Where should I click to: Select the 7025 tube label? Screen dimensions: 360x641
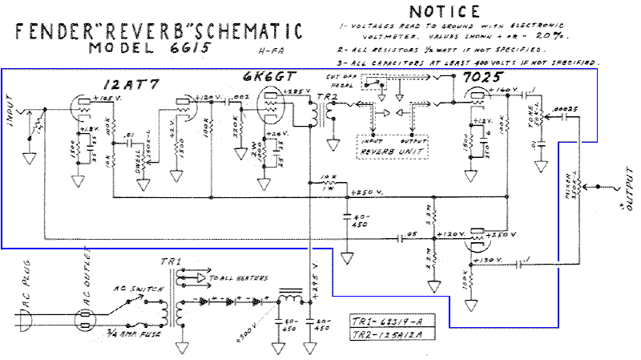click(x=480, y=78)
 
